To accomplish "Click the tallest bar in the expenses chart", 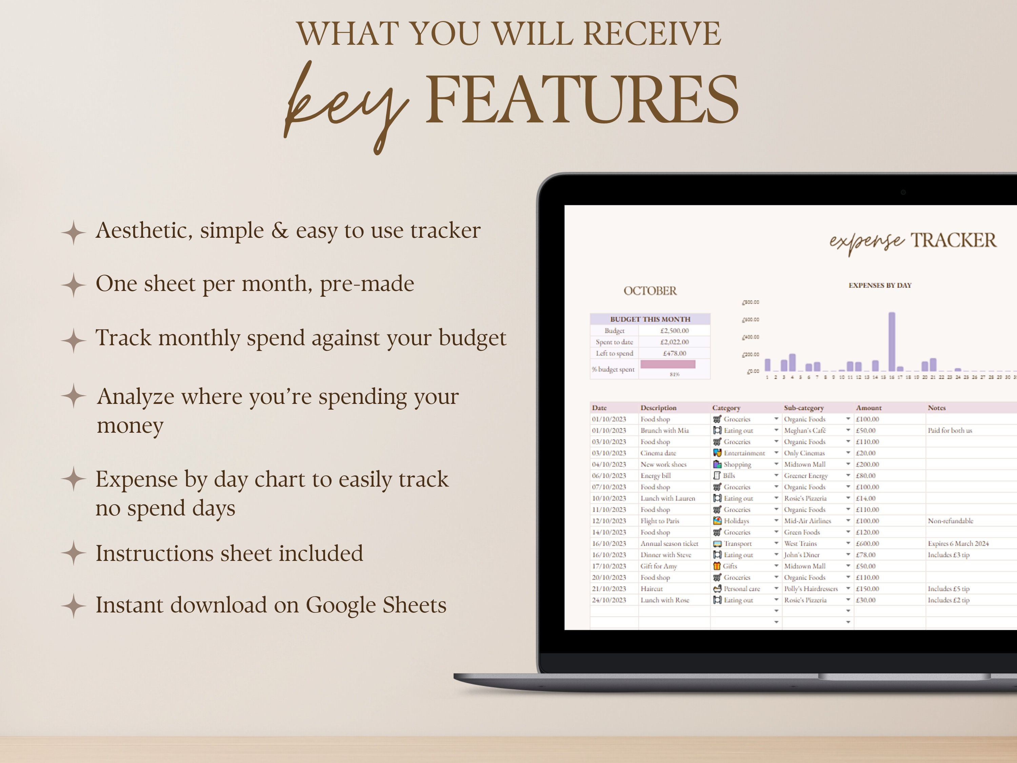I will pyautogui.click(x=892, y=341).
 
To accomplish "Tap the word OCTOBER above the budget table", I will pyautogui.click(x=650, y=291).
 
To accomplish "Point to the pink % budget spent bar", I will pyautogui.click(x=667, y=364).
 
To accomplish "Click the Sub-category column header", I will pyautogui.click(x=804, y=408).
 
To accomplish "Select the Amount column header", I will pyautogui.click(x=869, y=408).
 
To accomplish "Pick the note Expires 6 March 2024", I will pyautogui.click(x=958, y=544).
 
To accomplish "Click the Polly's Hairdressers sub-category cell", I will pyautogui.click(x=811, y=589).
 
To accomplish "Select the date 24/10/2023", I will pyautogui.click(x=609, y=600).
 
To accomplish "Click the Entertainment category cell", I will pyautogui.click(x=744, y=453).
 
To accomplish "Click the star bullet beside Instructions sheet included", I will pyautogui.click(x=74, y=553).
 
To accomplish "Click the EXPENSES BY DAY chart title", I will pyautogui.click(x=879, y=286).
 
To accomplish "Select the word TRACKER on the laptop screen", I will pyautogui.click(x=954, y=240).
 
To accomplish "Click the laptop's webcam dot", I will pyautogui.click(x=903, y=192).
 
